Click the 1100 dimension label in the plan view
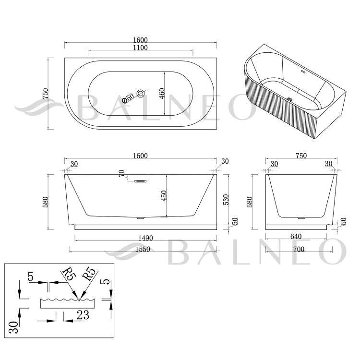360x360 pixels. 140,48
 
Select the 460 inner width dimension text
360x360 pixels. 162,94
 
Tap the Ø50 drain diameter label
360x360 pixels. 128,98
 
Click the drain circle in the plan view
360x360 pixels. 141,93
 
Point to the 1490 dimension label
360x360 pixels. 145,238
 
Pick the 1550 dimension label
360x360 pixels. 143,249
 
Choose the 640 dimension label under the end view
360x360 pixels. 296,236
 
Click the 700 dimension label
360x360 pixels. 299,249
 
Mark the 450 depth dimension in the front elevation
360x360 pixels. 164,196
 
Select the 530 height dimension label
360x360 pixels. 226,200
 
